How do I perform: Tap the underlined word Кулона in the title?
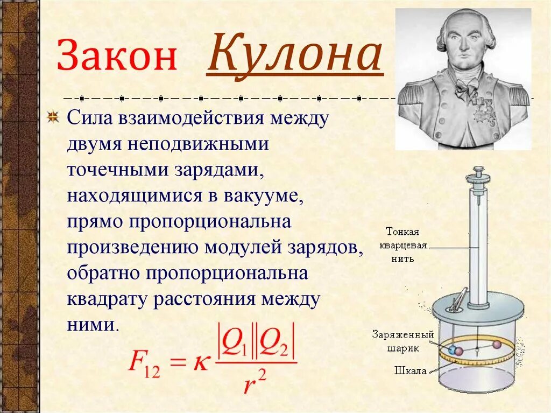(295, 55)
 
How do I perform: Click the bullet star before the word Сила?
(53, 118)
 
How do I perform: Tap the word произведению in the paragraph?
(132, 247)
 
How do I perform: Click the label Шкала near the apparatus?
(411, 370)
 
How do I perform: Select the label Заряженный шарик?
(402, 341)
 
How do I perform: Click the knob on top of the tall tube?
(478, 172)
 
